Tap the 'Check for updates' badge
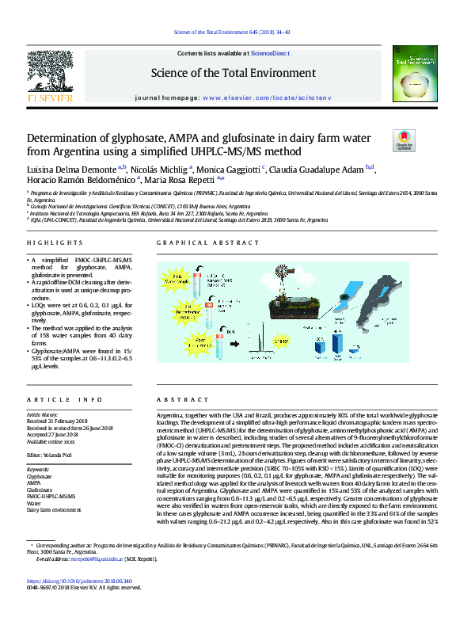click(x=404, y=140)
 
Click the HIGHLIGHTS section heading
click(x=55, y=243)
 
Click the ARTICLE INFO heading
click(x=65, y=400)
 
